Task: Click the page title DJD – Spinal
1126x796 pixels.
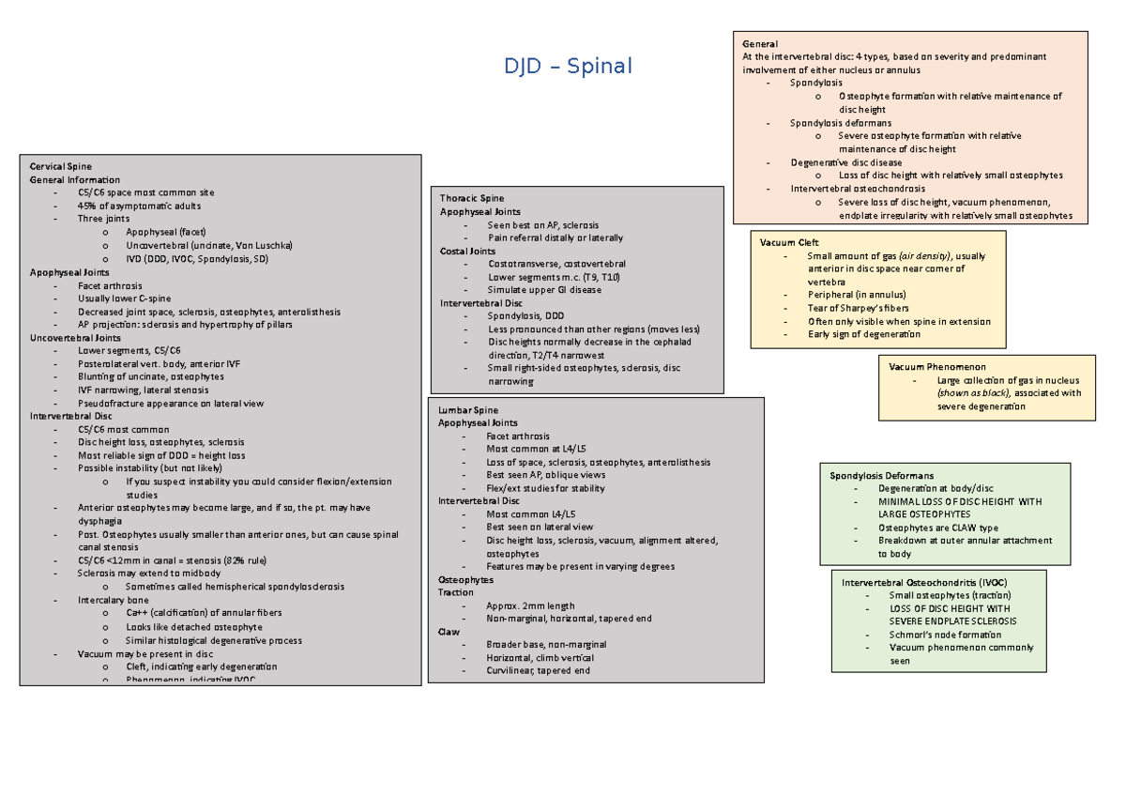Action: point(568,67)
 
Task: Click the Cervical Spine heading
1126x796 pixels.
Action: point(61,166)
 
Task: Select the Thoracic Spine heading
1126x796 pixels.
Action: point(472,198)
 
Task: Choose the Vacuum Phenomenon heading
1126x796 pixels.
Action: point(936,366)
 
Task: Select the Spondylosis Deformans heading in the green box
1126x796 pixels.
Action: point(881,476)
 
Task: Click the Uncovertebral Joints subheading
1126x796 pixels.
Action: point(75,337)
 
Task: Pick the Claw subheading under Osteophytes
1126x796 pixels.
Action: point(449,632)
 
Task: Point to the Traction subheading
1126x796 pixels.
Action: point(456,592)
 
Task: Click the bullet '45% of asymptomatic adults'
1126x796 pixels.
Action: point(139,206)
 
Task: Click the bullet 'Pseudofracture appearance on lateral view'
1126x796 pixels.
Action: point(171,404)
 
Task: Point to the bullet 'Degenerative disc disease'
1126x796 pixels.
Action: point(845,162)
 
